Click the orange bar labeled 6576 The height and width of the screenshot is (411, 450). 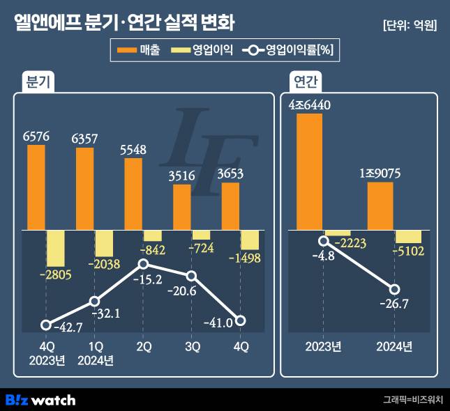pos(36,187)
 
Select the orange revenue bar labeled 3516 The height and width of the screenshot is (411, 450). pos(182,206)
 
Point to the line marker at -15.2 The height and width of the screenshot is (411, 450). pos(143,264)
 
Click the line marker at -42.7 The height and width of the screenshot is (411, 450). pos(46,325)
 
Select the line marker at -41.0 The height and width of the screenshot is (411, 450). pos(241,320)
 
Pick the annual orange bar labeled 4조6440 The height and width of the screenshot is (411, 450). pos(309,171)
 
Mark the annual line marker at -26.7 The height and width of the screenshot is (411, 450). pos(395,289)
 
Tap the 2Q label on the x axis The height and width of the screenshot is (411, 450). pos(143,347)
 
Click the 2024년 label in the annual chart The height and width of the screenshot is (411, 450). pos(395,347)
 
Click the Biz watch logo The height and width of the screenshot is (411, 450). pos(40,400)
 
